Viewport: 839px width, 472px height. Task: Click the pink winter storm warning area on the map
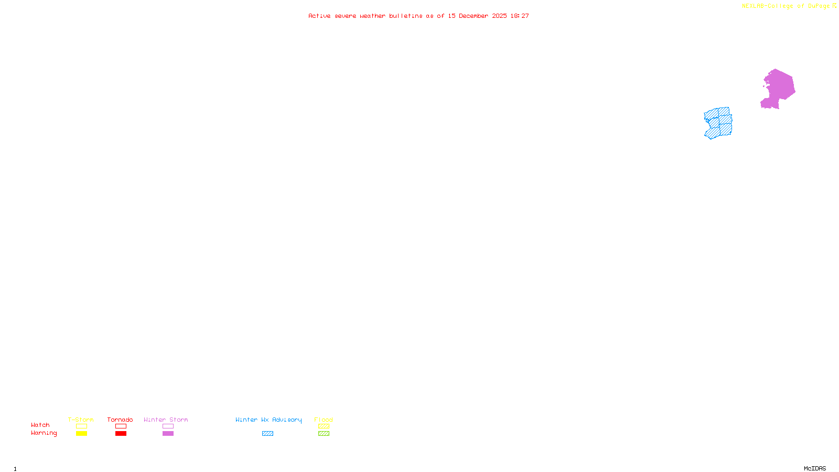point(779,88)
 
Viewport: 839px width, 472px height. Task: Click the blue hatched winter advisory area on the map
point(718,123)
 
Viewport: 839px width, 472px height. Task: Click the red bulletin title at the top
point(418,16)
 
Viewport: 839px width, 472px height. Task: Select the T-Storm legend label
point(81,420)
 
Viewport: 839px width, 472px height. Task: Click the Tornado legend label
point(120,420)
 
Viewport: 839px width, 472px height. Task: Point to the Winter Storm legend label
point(166,420)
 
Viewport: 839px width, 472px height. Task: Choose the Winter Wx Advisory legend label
point(268,420)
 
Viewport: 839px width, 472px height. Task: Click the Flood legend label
point(324,420)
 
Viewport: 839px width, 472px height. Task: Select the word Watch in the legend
point(40,425)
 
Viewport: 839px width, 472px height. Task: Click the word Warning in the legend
point(44,433)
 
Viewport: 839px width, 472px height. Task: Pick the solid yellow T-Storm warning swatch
point(81,434)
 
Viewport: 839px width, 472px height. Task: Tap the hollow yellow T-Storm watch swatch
point(81,426)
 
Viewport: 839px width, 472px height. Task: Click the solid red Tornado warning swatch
point(121,434)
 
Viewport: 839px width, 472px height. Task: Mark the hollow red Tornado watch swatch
point(121,426)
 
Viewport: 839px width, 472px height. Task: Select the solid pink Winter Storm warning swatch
point(168,434)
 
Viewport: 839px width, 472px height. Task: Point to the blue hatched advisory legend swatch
point(267,434)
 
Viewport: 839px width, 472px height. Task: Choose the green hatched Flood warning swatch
point(324,434)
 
